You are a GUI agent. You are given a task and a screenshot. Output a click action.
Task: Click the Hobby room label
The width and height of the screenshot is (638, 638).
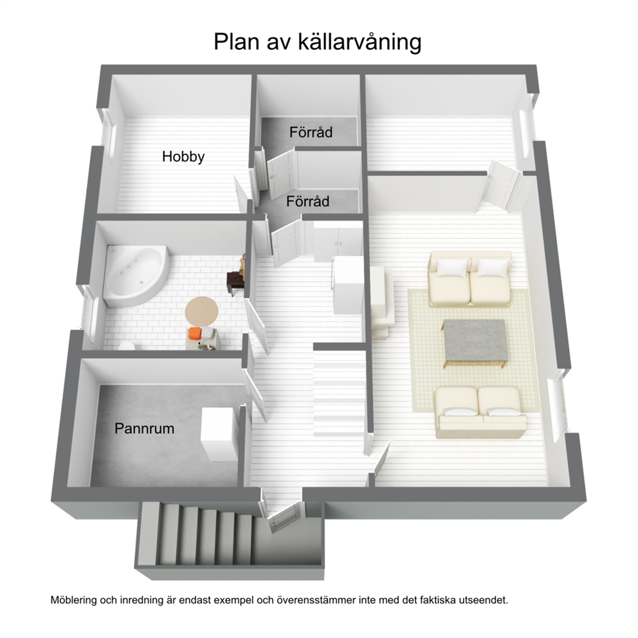point(183,157)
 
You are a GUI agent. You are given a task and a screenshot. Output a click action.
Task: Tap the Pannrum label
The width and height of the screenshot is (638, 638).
point(144,428)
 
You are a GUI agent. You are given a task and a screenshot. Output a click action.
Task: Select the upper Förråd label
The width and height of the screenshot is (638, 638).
point(311,132)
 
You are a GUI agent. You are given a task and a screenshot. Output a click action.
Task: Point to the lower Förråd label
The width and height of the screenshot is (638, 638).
point(307,201)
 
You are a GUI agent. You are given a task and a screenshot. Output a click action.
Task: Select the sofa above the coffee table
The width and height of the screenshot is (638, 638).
point(470,279)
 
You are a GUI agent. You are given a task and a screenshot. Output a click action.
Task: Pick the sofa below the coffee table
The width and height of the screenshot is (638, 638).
point(480,412)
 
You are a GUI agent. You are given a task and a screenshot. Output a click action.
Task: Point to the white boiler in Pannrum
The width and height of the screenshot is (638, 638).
point(218,435)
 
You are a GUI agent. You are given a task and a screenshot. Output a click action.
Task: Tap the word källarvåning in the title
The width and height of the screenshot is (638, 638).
point(360,42)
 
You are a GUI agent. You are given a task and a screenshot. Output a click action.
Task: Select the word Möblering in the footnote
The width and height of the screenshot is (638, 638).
point(74,600)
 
